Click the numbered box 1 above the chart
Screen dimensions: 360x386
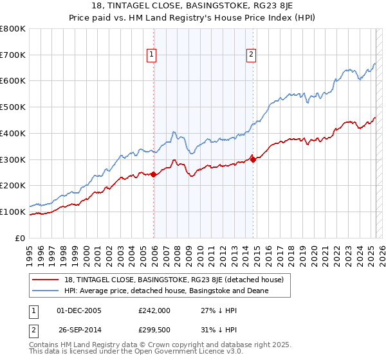(151, 55)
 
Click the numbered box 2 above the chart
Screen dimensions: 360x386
(251, 55)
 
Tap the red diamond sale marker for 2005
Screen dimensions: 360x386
(154, 174)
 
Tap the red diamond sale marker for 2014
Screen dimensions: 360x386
(253, 159)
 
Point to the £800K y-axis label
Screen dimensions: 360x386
(13, 29)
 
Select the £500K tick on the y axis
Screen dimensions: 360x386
(13, 107)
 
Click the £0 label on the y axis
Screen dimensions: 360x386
(22, 238)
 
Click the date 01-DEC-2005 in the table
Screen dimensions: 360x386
(80, 310)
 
